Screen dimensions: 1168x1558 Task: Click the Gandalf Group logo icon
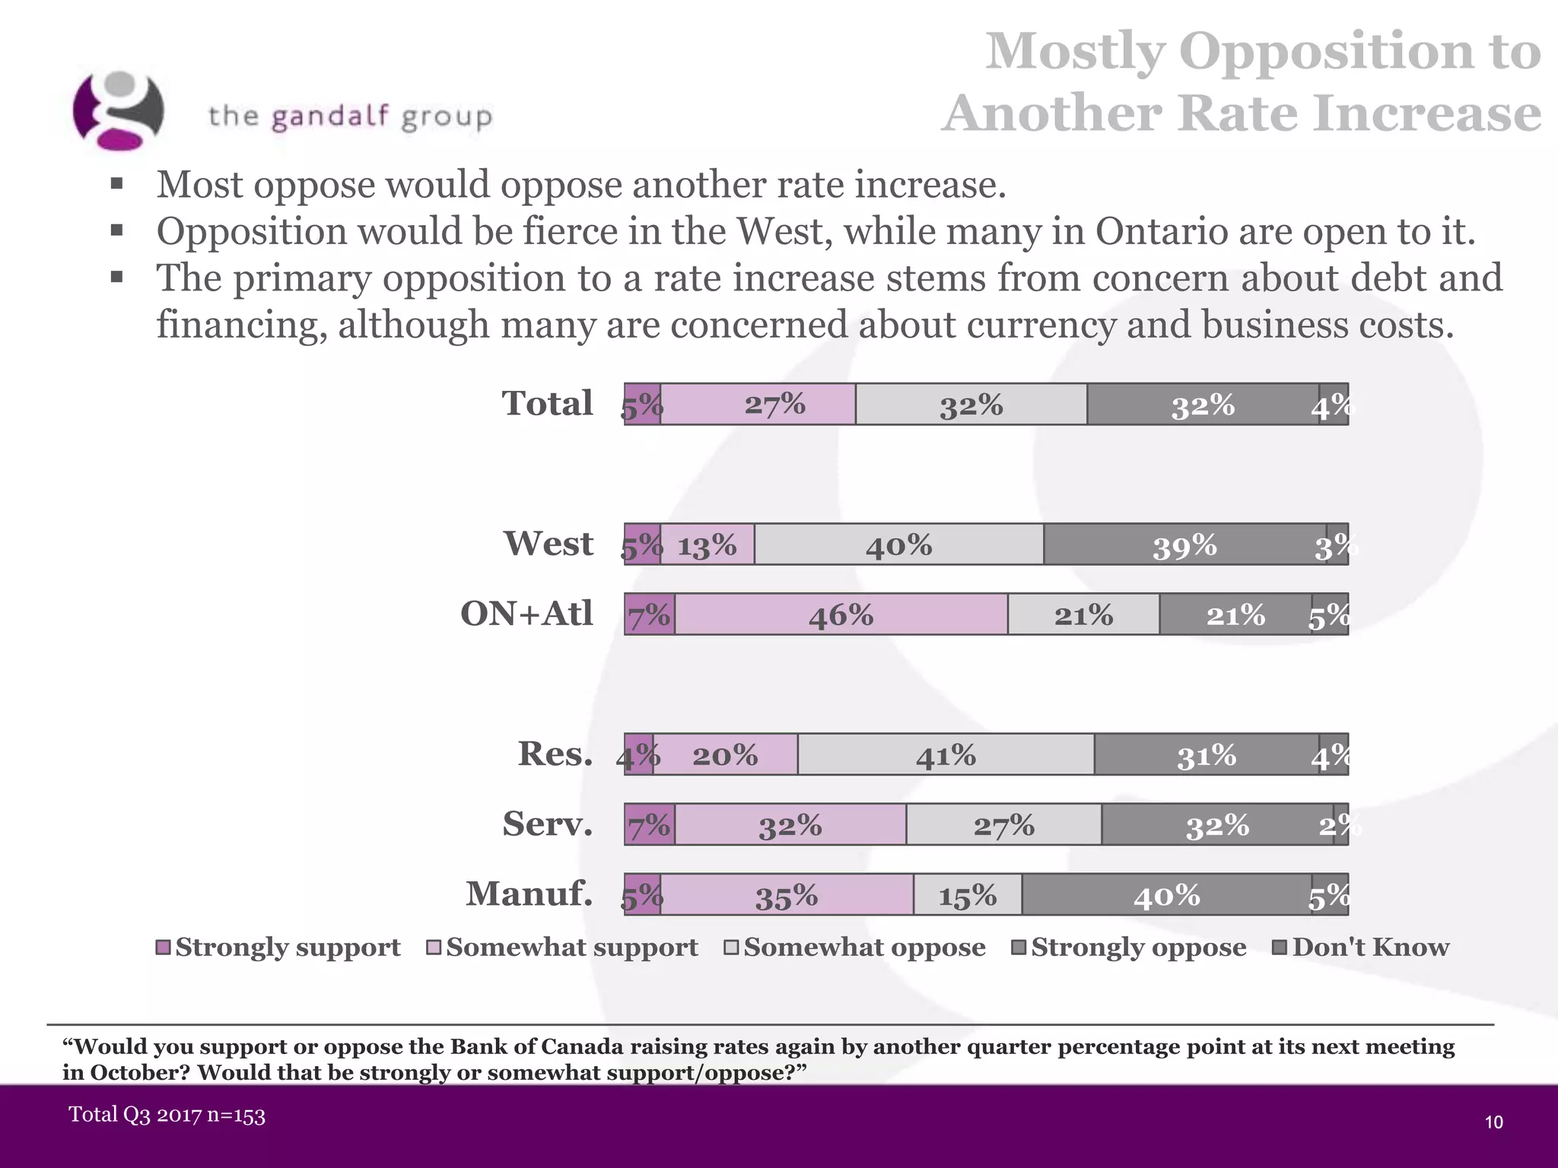(x=118, y=110)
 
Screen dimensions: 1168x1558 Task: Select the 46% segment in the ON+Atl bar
(x=841, y=614)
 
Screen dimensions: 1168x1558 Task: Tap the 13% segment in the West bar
(x=707, y=544)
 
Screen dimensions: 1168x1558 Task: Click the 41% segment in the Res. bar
(x=946, y=754)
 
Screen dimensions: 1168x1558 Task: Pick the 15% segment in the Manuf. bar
(x=967, y=895)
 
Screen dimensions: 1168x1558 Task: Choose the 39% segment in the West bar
(x=1184, y=544)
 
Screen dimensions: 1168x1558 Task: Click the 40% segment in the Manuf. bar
(x=1166, y=895)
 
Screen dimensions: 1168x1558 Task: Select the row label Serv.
(x=547, y=824)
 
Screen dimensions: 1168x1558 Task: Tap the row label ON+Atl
(x=526, y=614)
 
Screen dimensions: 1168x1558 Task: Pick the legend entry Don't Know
(x=1362, y=947)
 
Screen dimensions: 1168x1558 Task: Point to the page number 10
(x=1493, y=1122)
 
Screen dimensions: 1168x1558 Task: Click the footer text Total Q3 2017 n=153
(x=167, y=1116)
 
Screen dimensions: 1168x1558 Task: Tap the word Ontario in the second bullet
(x=1161, y=231)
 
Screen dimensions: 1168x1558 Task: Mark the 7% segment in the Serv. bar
(x=649, y=824)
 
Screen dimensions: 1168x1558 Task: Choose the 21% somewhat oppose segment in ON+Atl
(x=1083, y=614)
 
